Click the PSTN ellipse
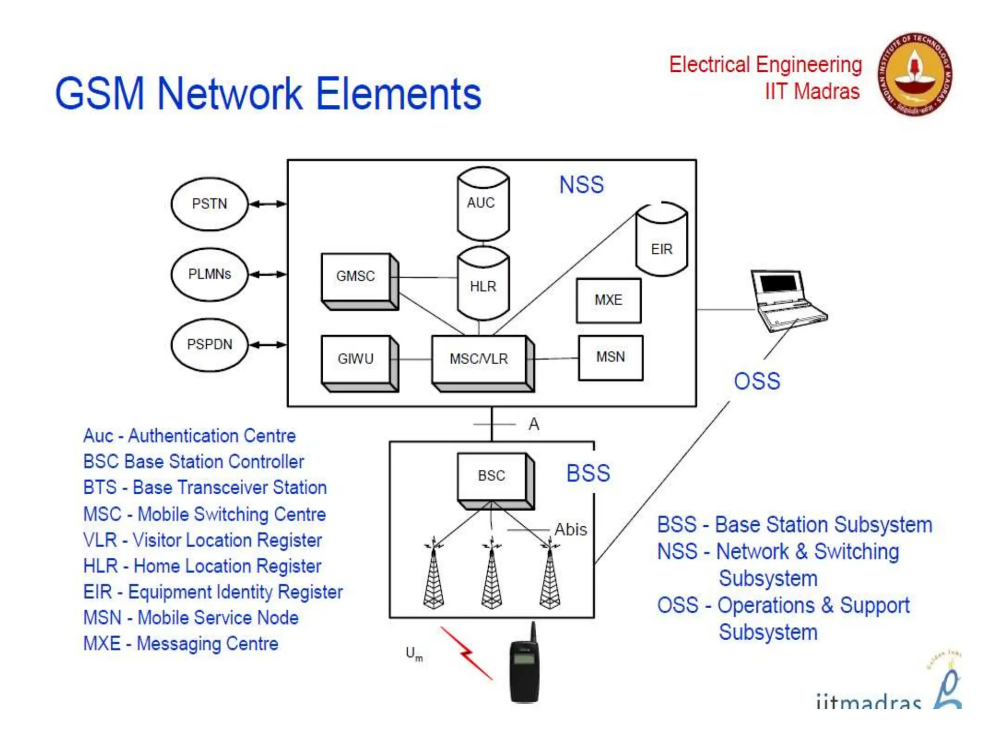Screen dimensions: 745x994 (x=209, y=204)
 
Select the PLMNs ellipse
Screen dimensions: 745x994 (x=209, y=274)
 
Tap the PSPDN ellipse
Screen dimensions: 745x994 (x=209, y=344)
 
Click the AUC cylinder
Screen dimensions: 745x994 (x=482, y=204)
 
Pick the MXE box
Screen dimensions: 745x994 (x=608, y=300)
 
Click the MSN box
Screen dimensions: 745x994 (x=610, y=357)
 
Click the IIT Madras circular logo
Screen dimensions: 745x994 (x=914, y=75)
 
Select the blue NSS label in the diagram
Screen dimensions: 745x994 (x=581, y=185)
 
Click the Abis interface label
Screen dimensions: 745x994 (x=570, y=530)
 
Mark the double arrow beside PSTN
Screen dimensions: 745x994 (x=267, y=204)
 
